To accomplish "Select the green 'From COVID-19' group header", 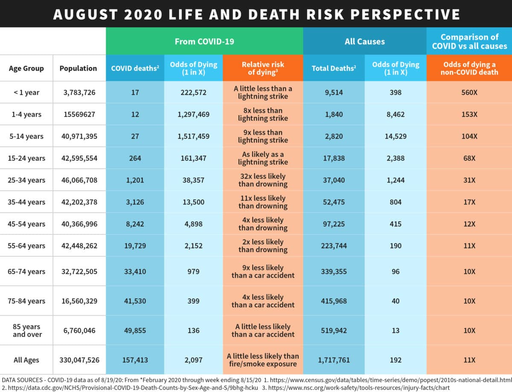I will tap(204, 41).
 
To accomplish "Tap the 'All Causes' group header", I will tap(364, 41).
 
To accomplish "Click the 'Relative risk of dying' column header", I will tap(263, 68).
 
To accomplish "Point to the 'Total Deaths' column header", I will tap(334, 68).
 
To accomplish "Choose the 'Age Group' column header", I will tap(26, 68).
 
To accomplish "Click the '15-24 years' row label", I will tap(26, 158).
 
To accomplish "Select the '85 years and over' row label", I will tap(26, 331).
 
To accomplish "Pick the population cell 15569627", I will tap(79, 114).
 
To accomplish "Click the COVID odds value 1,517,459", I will tap(194, 136).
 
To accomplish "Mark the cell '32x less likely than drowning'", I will tap(263, 180).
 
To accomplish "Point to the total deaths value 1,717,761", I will tap(334, 360).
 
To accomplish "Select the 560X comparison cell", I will tap(469, 93).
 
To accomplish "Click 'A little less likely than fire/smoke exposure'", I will tap(263, 360).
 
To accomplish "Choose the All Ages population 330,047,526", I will tap(79, 360).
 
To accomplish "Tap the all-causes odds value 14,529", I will tap(396, 136).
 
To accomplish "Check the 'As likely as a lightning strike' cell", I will tap(263, 158).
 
